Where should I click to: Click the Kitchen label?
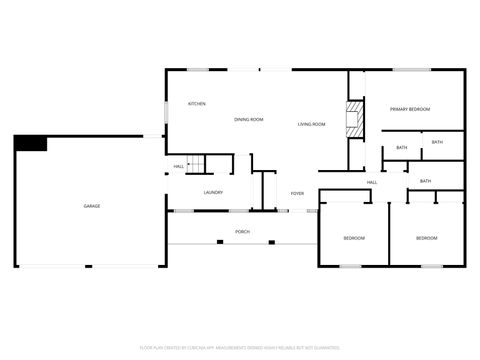pos(197,104)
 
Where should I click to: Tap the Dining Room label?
pos(249,120)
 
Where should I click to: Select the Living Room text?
pos(312,124)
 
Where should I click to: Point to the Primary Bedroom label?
pos(410,109)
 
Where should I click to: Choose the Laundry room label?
pos(213,192)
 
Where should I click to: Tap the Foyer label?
pos(297,193)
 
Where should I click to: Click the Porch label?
pos(242,232)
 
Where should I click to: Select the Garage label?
pos(91,206)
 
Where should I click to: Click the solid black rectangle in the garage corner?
pos(30,143)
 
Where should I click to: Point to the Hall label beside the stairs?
pos(178,166)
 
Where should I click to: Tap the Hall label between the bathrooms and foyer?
pos(371,182)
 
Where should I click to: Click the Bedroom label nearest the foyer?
pos(354,238)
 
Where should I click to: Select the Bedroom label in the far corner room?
pos(427,238)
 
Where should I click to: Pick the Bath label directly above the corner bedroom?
pos(425,181)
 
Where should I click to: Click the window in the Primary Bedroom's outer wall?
pos(411,69)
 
